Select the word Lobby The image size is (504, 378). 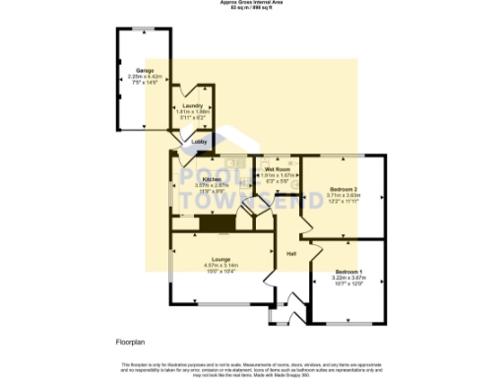coord(198,142)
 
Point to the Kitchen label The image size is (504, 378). coord(211,179)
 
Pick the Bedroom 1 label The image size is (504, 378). coord(348,271)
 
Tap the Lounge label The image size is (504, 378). coord(220,259)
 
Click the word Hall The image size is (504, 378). coord(291,254)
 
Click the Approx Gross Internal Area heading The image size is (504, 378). coord(252,3)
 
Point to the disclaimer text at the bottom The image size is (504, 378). coord(252,368)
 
